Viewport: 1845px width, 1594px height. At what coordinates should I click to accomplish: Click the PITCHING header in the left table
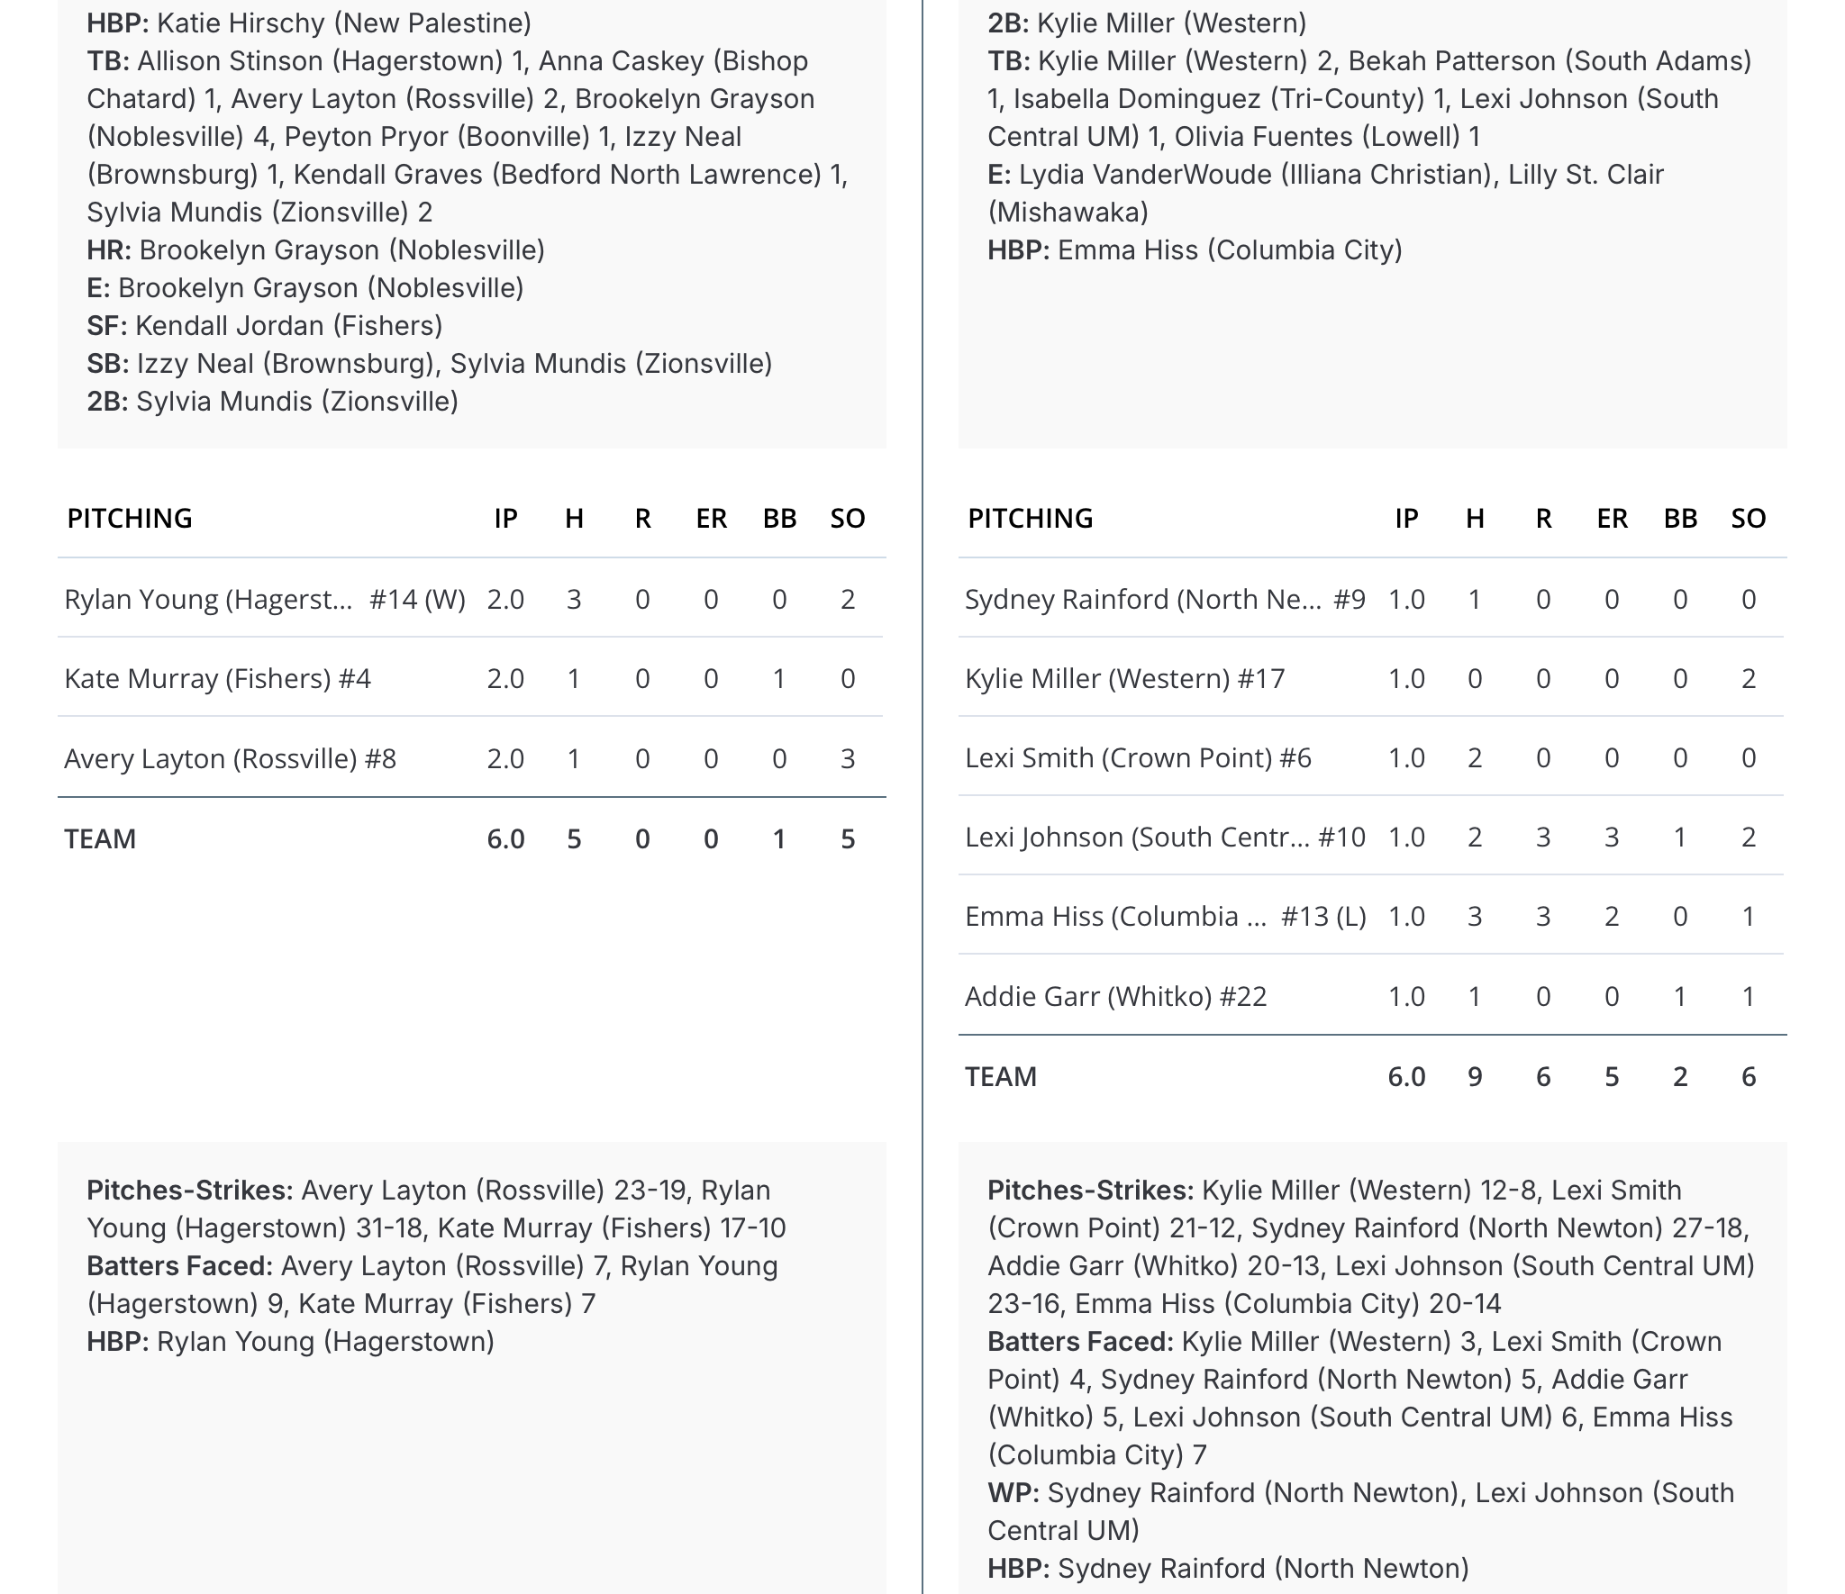tap(130, 518)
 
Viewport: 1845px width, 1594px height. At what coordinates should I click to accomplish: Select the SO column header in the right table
tap(1748, 518)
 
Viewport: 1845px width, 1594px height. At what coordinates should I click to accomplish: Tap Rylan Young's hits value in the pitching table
tap(574, 599)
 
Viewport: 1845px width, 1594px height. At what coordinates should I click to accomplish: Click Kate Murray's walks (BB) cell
tap(779, 678)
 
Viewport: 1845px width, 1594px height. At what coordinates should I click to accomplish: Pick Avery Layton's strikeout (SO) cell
tap(847, 758)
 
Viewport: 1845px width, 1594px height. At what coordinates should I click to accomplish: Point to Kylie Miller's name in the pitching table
tap(1124, 678)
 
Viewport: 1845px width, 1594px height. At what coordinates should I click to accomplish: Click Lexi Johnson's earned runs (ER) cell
tap(1612, 837)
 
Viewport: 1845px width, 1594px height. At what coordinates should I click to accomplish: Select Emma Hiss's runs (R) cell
tap(1543, 916)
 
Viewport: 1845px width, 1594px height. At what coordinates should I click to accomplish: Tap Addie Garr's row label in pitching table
tap(1115, 996)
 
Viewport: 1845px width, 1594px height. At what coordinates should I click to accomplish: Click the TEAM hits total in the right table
tap(1475, 1076)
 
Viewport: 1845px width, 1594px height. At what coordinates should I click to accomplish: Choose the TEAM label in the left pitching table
tap(100, 838)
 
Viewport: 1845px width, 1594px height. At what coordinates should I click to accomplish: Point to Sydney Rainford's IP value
tap(1406, 599)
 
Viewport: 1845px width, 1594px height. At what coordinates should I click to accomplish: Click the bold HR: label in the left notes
tap(109, 249)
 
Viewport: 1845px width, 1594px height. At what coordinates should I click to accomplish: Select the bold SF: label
tap(107, 325)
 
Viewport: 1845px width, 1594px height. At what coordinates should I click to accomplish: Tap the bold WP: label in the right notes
tap(1013, 1492)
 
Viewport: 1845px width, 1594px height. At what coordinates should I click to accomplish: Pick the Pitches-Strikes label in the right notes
tap(1090, 1190)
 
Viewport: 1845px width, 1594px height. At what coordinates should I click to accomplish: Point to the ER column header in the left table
tap(711, 518)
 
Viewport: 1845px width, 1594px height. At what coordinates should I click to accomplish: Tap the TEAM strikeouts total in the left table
tap(847, 838)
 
